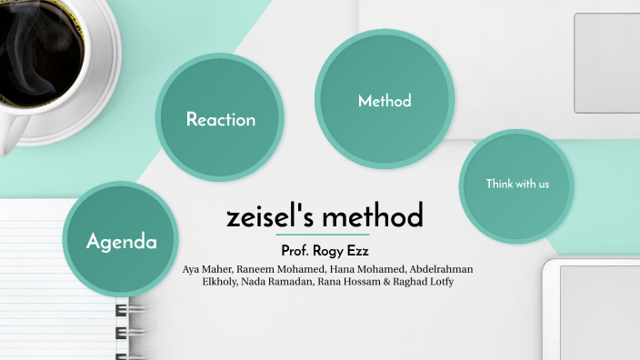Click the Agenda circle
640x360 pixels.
point(122,241)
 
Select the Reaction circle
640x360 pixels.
point(220,119)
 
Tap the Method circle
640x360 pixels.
point(384,100)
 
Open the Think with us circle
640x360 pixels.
point(516,185)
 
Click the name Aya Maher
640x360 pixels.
point(208,270)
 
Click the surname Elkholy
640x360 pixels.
point(218,282)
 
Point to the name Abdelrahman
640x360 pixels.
point(441,270)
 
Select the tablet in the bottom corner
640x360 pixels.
point(595,314)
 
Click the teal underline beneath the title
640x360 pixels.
point(323,235)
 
